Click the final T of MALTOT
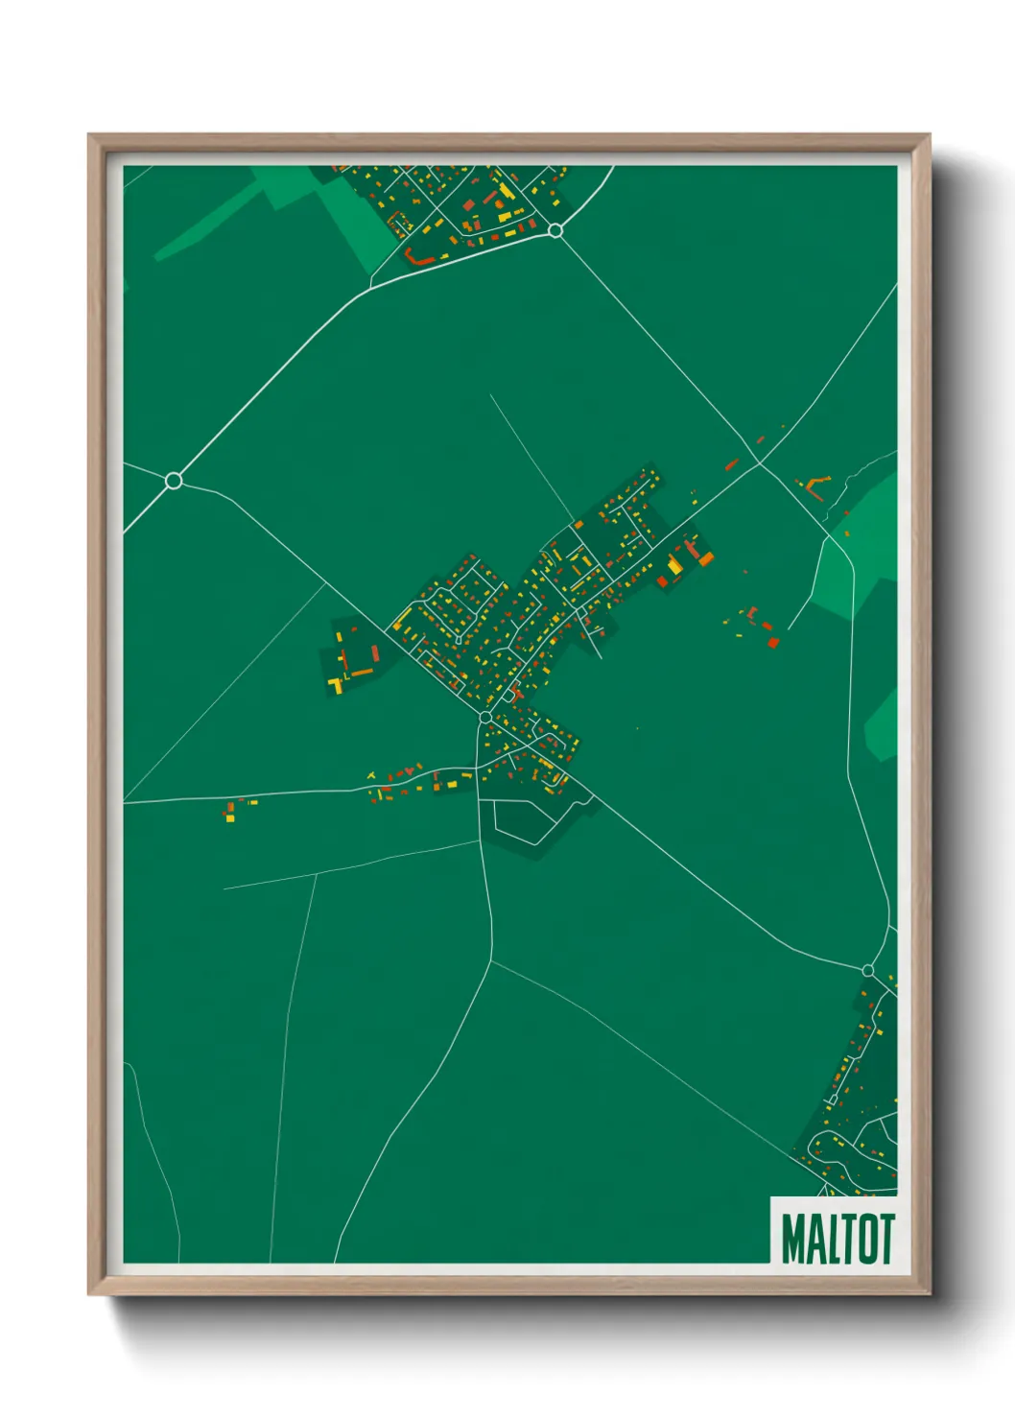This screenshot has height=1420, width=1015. click(885, 1239)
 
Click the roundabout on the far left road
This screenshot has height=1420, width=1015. click(174, 480)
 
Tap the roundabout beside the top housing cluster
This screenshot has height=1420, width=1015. click(555, 230)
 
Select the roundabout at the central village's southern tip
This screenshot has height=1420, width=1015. click(485, 718)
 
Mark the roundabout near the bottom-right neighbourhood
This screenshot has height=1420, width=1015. click(867, 971)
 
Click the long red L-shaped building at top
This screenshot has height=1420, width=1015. click(419, 257)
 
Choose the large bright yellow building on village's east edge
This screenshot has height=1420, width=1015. click(675, 566)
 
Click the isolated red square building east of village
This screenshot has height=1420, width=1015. click(773, 642)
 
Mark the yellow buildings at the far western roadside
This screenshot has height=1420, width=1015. click(230, 814)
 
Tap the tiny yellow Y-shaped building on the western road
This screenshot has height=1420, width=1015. click(371, 775)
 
